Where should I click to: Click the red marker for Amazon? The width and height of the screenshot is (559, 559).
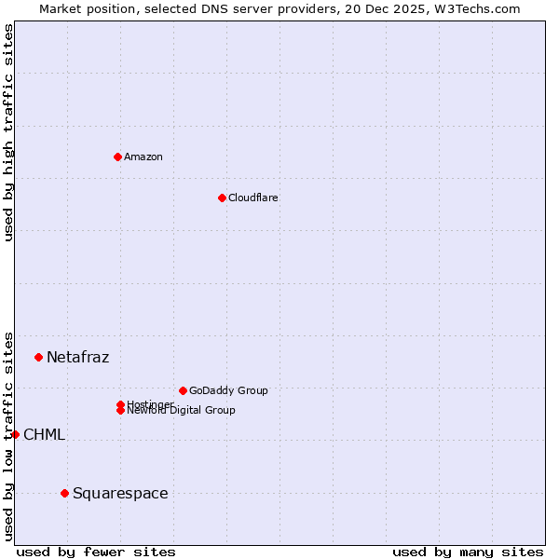pos(117,157)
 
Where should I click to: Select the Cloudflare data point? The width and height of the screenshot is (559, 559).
pos(222,198)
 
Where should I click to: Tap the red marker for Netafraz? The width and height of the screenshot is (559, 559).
pos(38,357)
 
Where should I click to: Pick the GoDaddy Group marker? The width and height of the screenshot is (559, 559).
pos(183,390)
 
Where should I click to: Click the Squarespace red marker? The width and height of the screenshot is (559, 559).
pos(64,493)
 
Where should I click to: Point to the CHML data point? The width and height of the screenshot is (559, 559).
pos(15,434)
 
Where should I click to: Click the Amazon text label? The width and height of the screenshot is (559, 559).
pos(143,157)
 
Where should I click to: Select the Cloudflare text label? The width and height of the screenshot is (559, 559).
pos(252,198)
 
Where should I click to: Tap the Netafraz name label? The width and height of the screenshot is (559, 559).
pos(77,357)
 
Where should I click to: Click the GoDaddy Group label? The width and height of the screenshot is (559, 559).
pos(228,390)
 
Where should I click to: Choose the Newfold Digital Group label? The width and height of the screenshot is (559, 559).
pos(181,411)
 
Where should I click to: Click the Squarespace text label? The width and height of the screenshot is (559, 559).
pos(120,493)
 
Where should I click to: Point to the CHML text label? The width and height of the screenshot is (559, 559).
pos(44,434)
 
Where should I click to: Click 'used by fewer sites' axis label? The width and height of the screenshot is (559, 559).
pos(96,552)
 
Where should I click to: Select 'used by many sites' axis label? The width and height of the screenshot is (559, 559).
pos(468,552)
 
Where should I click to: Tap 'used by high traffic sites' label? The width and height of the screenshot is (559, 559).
pos(8,132)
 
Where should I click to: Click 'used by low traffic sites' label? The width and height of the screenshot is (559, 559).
pos(8,435)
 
